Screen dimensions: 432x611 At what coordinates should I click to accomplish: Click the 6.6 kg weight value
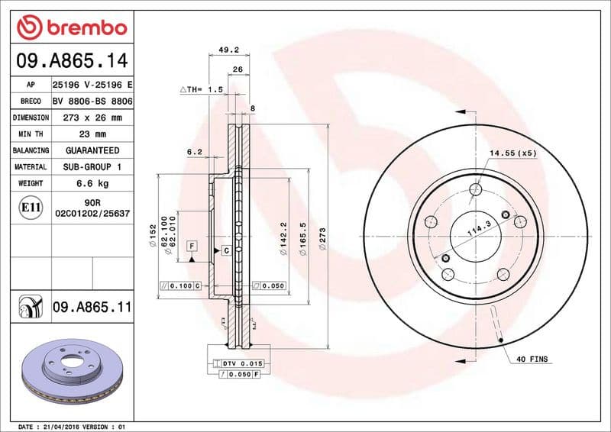pyautogui.click(x=92, y=184)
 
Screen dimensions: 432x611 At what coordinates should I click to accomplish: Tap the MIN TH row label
pyautogui.click(x=31, y=134)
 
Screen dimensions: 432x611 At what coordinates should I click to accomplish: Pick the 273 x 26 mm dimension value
pyautogui.click(x=92, y=118)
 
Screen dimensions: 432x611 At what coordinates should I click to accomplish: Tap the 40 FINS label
pyautogui.click(x=532, y=359)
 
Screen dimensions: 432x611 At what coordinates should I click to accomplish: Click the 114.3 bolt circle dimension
pyautogui.click(x=478, y=227)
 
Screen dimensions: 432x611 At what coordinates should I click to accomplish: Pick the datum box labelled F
pyautogui.click(x=191, y=246)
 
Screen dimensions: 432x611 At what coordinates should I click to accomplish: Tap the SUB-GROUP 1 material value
pyautogui.click(x=92, y=167)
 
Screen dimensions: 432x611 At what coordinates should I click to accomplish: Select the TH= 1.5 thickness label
pyautogui.click(x=202, y=89)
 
